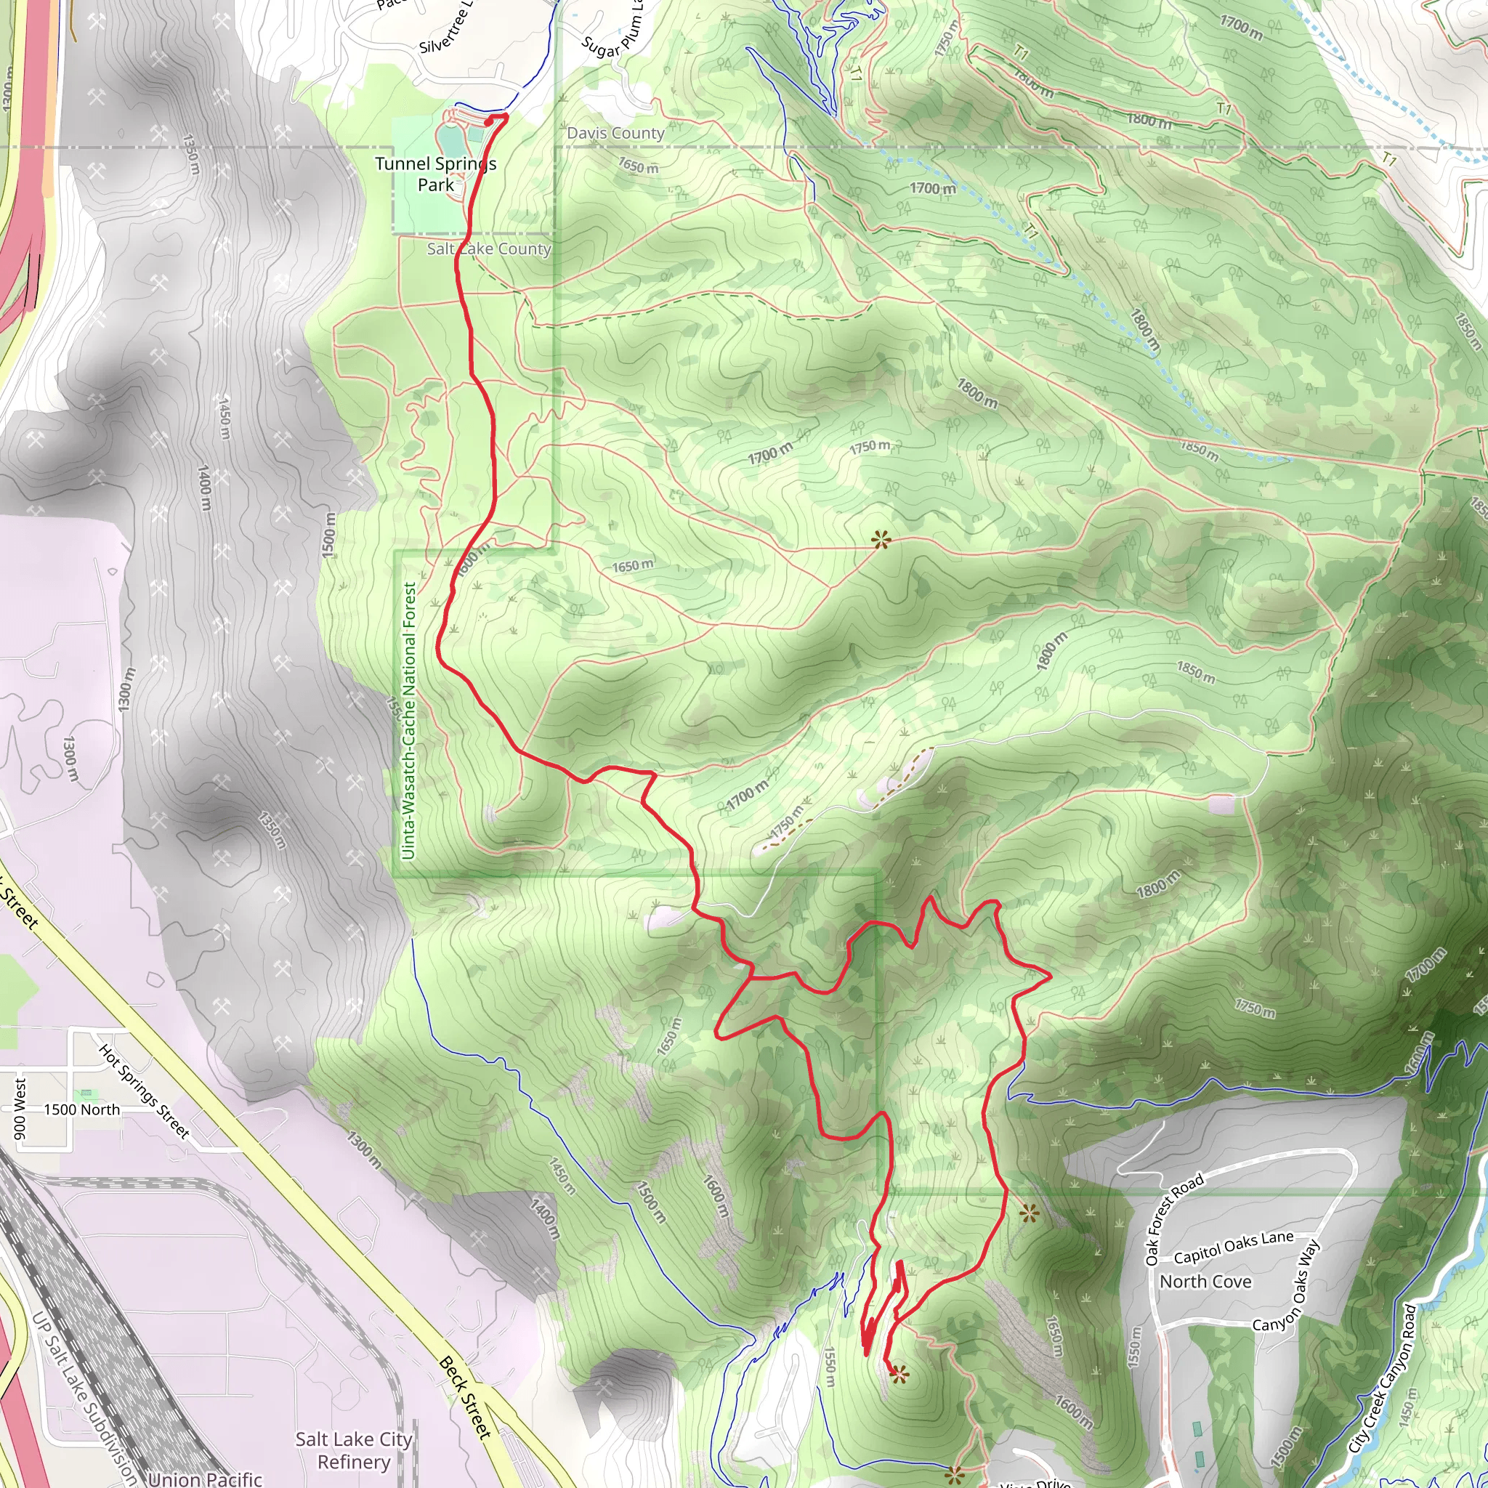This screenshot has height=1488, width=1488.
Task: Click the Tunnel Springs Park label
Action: (436, 174)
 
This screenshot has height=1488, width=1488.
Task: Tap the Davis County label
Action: (615, 133)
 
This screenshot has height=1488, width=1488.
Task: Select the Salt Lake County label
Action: (489, 248)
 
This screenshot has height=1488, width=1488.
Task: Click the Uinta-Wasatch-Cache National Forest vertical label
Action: (408, 721)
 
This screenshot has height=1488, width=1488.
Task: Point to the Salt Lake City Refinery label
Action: (354, 1450)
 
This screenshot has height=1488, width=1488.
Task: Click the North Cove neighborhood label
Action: (1205, 1282)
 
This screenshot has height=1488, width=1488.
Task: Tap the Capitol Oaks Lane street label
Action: (1233, 1247)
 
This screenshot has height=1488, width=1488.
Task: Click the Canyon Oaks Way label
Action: (1287, 1285)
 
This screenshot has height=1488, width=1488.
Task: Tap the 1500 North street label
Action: (81, 1110)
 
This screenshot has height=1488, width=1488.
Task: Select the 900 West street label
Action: (20, 1108)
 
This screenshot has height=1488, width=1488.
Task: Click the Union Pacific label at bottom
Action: (205, 1479)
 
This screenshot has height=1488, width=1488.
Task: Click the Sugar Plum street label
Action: (612, 31)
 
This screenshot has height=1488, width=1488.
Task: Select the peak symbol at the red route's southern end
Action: (899, 1373)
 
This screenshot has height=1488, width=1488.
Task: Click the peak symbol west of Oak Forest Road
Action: (1029, 1215)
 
